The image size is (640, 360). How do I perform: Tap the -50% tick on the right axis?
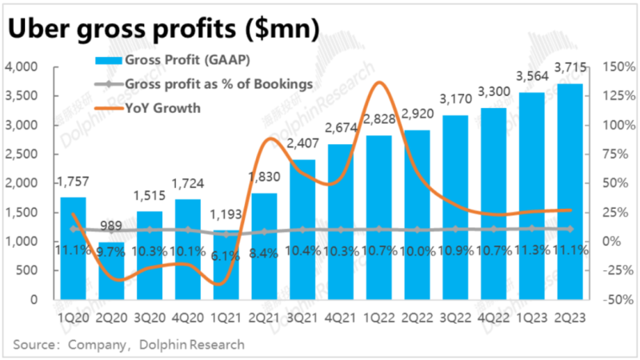coord(614,300)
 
